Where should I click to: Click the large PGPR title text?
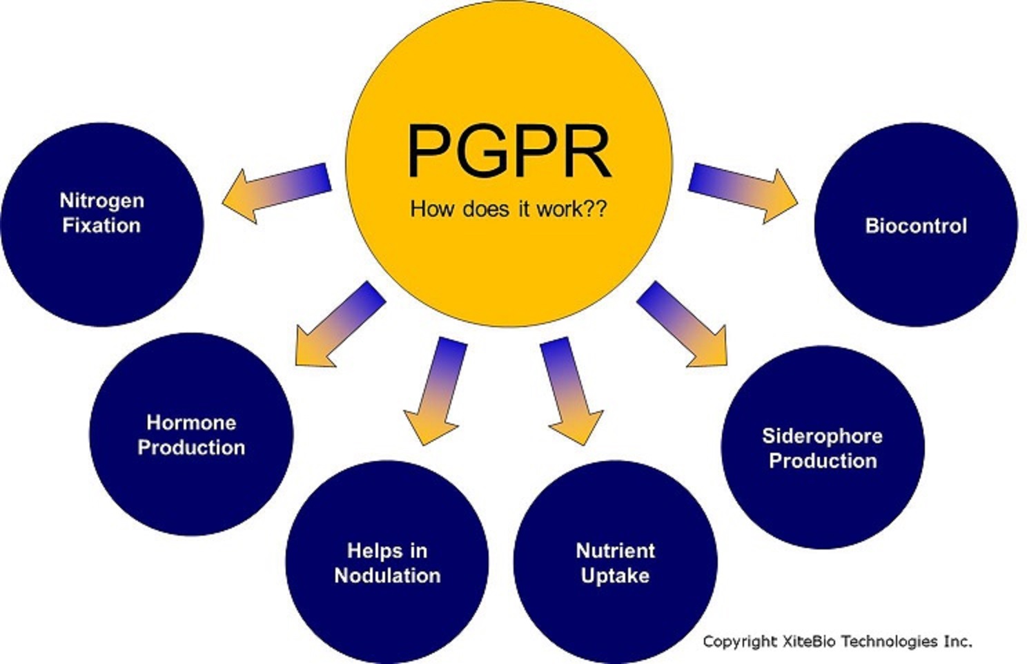[x=509, y=152]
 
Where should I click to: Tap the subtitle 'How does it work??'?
[x=509, y=208]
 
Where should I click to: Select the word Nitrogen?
[x=102, y=200]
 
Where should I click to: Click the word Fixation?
[x=101, y=225]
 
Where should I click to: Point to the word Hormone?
[x=191, y=422]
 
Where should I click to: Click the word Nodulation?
[x=387, y=575]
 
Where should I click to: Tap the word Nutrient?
[x=615, y=550]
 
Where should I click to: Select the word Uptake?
[x=615, y=575]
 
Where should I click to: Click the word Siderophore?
[x=822, y=436]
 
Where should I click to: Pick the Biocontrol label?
[x=916, y=226]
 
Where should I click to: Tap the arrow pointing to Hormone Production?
[x=338, y=324]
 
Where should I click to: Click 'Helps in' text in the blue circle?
[x=387, y=550]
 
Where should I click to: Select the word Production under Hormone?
[x=191, y=447]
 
